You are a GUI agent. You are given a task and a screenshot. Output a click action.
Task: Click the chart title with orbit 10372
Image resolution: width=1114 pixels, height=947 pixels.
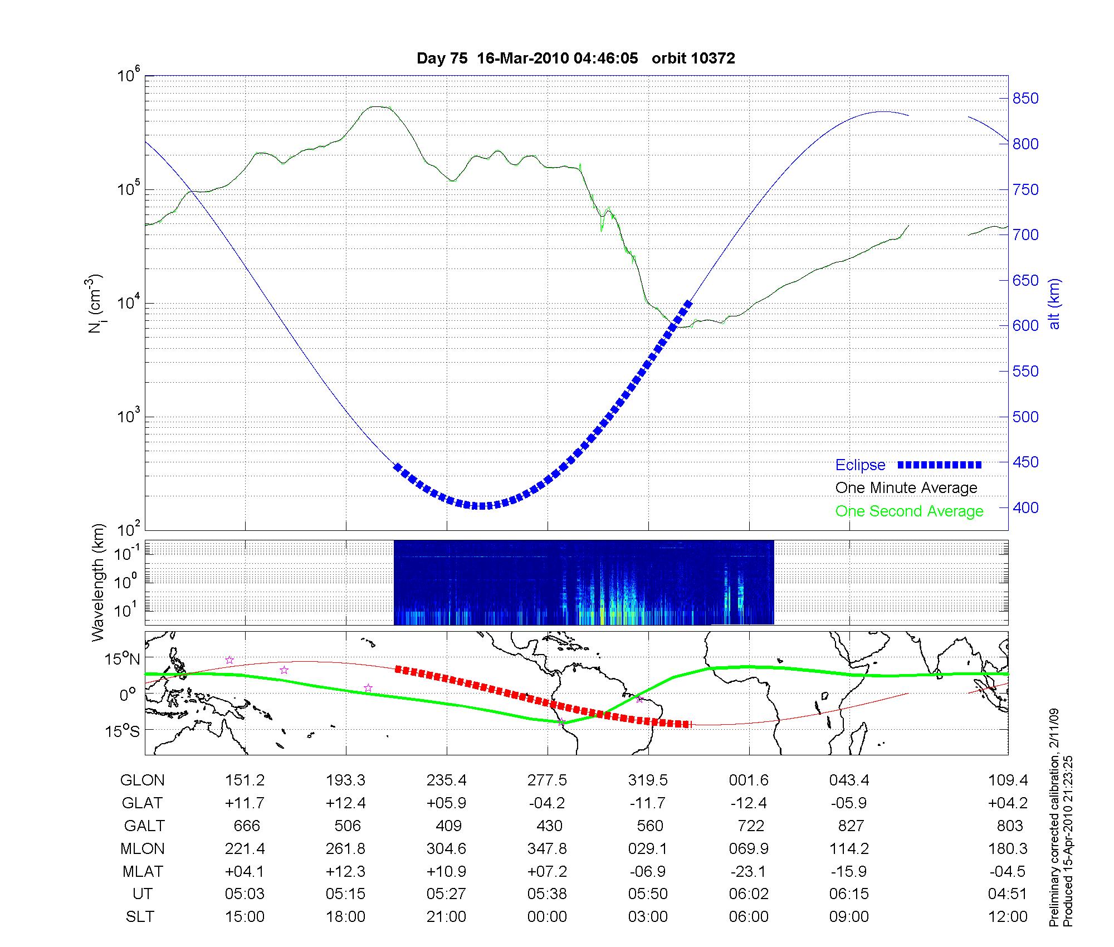coord(575,58)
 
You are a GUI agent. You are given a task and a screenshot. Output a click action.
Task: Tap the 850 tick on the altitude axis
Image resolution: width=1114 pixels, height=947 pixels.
coord(1025,99)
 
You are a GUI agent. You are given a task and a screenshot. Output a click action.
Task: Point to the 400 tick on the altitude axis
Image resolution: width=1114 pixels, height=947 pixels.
coord(1025,507)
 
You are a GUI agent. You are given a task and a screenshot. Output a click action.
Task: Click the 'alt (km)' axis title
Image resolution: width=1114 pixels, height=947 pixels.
coord(1054,304)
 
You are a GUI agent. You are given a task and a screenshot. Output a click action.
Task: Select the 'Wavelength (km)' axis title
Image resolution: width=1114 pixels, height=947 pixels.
coord(99,582)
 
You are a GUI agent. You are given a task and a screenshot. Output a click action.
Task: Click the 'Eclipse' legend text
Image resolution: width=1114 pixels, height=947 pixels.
coord(860,465)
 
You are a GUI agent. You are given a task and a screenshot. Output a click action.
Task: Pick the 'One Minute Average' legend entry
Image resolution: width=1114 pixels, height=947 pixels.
coord(906,488)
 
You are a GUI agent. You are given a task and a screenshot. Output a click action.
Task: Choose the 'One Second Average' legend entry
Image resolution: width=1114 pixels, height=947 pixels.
coord(909,511)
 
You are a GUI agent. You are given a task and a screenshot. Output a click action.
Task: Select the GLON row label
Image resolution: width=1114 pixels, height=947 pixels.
coord(143,780)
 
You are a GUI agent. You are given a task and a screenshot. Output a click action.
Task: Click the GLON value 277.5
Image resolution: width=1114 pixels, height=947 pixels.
coord(548,780)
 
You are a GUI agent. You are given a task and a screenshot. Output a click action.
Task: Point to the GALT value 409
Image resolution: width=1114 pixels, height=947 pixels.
coord(448,826)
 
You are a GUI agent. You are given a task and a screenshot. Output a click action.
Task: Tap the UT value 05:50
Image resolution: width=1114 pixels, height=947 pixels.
coord(648,894)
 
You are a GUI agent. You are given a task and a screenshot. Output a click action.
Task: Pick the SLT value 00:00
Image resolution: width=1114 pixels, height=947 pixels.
coord(548,917)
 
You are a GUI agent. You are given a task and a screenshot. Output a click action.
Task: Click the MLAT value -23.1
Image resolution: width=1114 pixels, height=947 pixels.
coord(749,871)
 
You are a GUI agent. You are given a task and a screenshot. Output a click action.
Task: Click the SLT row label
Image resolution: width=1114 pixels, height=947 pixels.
coord(140,917)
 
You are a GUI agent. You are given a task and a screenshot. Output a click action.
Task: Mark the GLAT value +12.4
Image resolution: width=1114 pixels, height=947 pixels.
coord(346,803)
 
